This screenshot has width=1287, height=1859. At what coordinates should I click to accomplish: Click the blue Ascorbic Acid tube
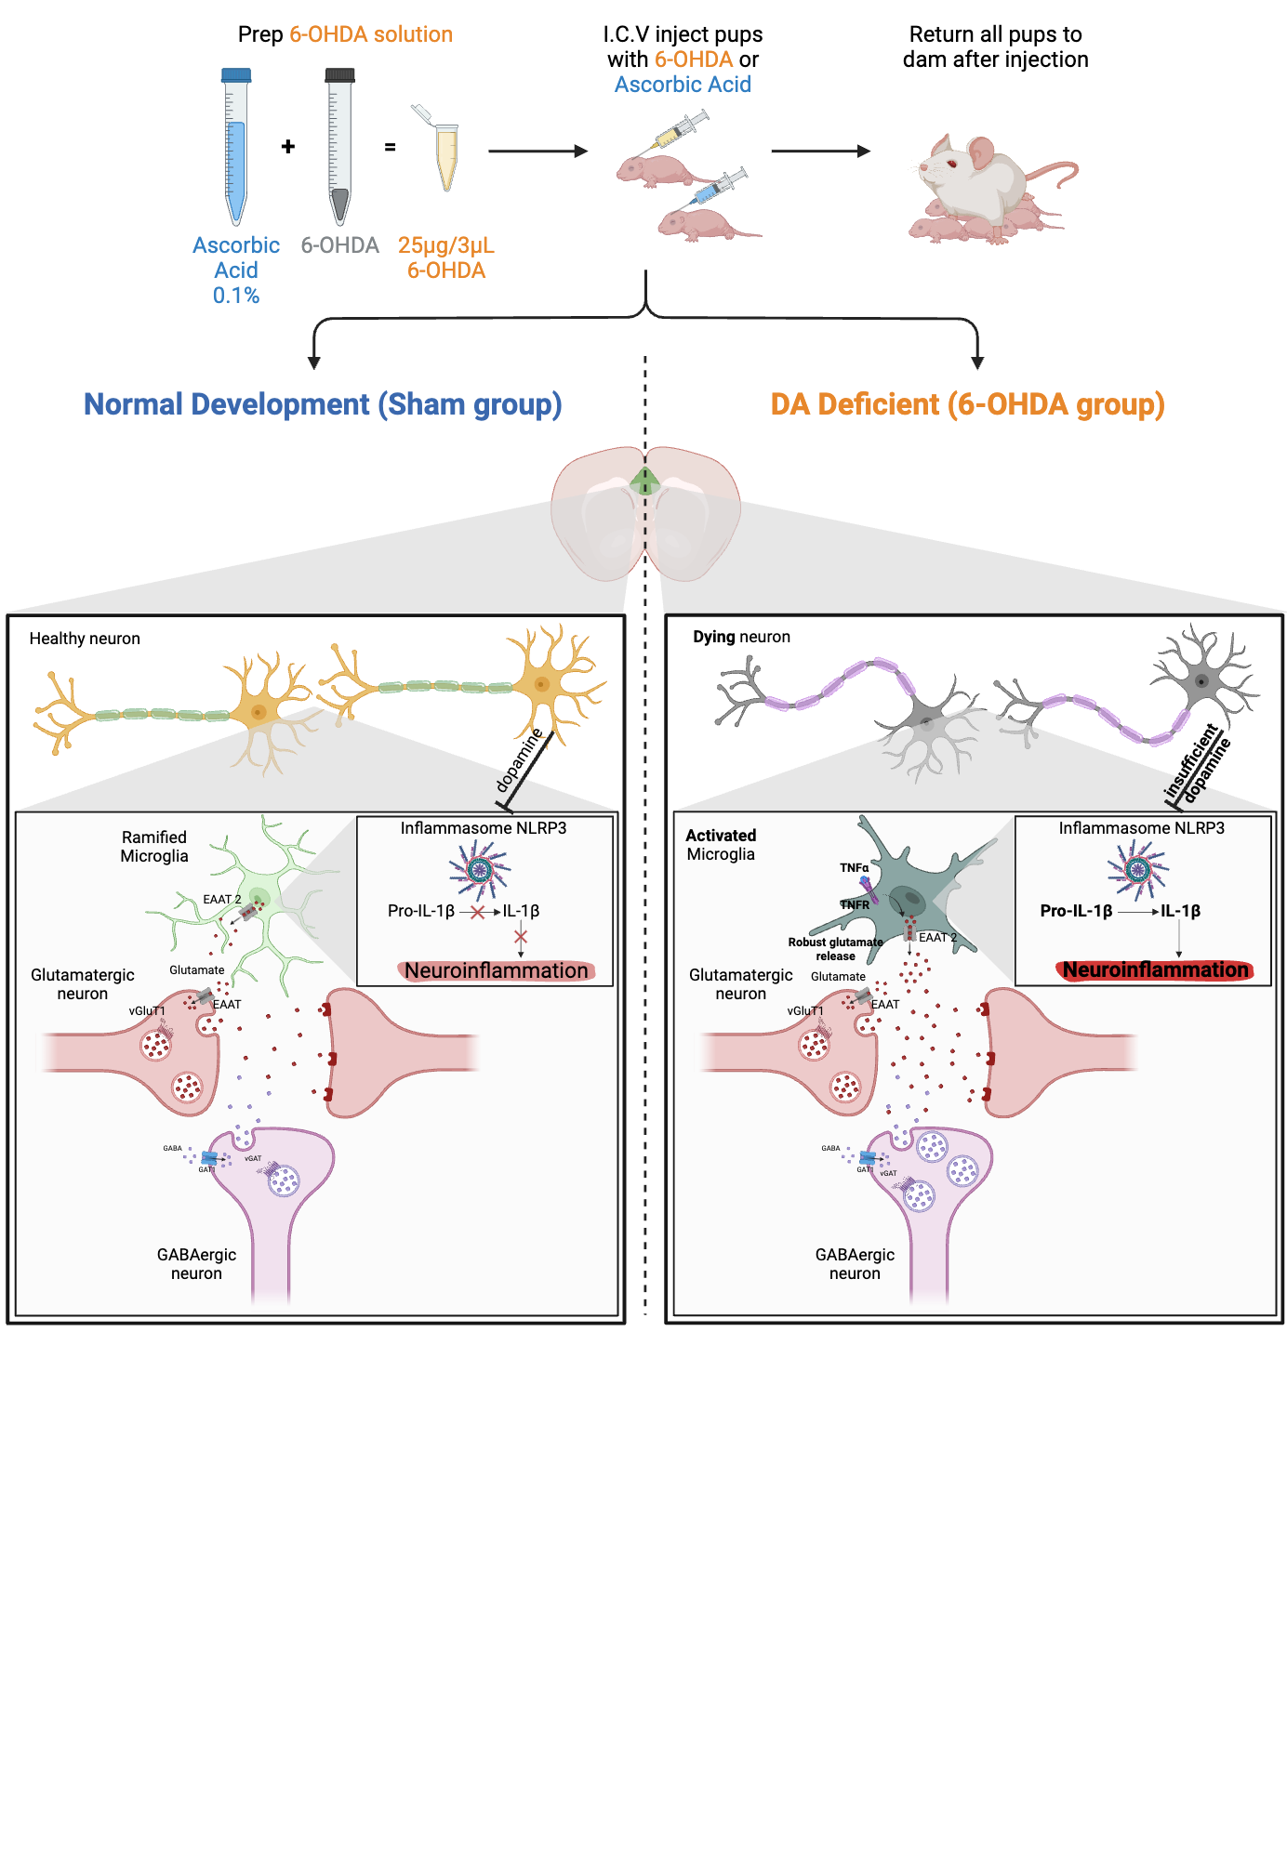click(x=236, y=149)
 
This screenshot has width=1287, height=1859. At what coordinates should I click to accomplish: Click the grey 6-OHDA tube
click(x=339, y=149)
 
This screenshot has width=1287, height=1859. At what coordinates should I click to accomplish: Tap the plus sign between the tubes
click(x=288, y=147)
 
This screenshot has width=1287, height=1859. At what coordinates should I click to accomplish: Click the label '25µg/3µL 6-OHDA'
click(x=446, y=257)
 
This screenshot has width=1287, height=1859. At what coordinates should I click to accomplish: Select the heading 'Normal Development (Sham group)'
click(x=323, y=404)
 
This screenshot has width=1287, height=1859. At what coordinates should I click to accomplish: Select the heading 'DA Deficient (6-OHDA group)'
click(x=967, y=404)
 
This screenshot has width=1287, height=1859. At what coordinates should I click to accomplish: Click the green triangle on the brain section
click(x=644, y=481)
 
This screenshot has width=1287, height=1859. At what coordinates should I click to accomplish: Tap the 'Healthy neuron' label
click(x=85, y=639)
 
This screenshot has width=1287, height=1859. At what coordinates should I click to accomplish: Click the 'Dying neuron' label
click(x=741, y=637)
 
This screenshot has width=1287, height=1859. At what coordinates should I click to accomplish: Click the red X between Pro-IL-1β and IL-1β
click(x=478, y=912)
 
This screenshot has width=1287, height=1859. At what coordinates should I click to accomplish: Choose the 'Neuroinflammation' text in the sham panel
click(x=497, y=970)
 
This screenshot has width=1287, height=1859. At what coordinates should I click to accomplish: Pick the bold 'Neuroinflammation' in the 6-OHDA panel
click(x=1155, y=969)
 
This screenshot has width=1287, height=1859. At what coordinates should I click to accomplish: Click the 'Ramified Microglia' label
click(x=154, y=847)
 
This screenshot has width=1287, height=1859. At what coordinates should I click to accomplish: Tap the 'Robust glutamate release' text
click(x=835, y=949)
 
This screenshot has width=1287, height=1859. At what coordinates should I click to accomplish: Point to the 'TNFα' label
click(x=854, y=867)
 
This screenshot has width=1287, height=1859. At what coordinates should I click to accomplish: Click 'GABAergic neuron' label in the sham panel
click(x=196, y=1264)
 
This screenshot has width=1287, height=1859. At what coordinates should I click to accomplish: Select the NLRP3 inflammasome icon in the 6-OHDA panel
click(x=1137, y=870)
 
